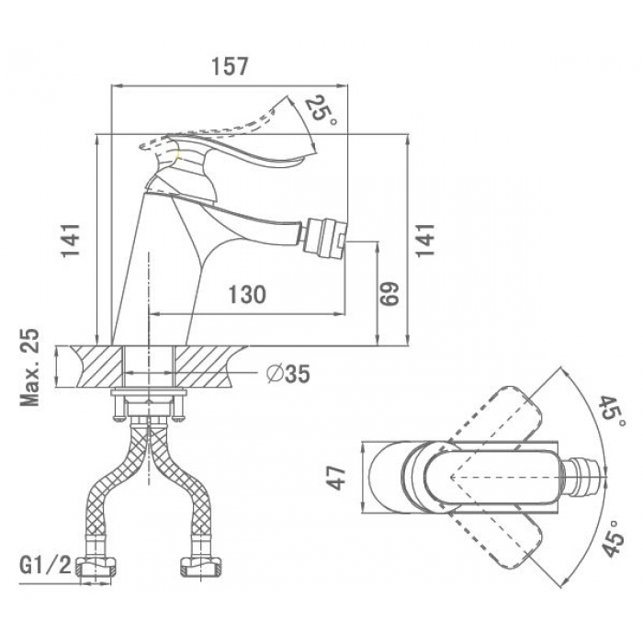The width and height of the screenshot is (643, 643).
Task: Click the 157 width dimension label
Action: click(x=230, y=66)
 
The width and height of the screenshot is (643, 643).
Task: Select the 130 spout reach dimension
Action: click(x=247, y=294)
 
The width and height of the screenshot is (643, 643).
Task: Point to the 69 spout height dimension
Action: click(x=389, y=294)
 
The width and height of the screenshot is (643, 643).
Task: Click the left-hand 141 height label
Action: click(x=70, y=241)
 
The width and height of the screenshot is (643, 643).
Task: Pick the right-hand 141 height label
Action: click(x=425, y=241)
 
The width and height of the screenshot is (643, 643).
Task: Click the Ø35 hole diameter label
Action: click(x=288, y=374)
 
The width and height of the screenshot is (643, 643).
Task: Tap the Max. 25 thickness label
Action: click(x=30, y=367)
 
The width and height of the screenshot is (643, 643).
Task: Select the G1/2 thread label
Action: click(x=45, y=566)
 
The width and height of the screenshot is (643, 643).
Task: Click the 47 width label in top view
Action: click(x=336, y=478)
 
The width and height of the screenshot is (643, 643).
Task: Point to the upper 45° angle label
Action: click(x=614, y=412)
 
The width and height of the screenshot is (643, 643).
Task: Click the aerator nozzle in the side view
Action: click(x=324, y=237)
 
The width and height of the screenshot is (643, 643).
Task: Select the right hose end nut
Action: click(x=202, y=567)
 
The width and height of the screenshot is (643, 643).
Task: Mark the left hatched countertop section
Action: click(x=96, y=367)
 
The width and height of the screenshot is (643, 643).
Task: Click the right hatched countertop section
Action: click(x=209, y=367)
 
